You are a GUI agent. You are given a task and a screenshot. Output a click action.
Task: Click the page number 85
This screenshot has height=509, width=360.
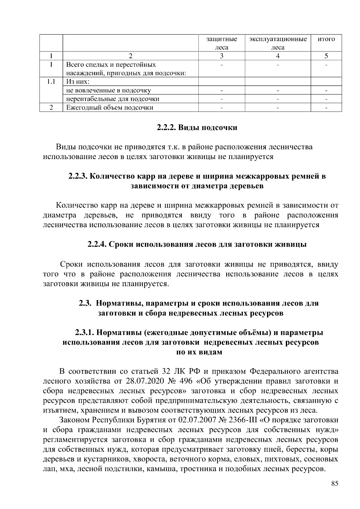[335, 483]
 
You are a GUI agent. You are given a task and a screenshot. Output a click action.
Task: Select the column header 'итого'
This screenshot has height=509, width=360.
[326, 39]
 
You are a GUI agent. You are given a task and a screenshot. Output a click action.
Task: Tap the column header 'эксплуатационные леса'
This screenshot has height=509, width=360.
[278, 43]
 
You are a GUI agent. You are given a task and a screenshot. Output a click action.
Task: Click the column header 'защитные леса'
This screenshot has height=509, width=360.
[222, 43]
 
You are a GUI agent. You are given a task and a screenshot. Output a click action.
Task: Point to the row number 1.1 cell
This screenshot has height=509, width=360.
[51, 82]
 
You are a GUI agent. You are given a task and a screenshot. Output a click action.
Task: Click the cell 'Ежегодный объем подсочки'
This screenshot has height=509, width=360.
[110, 107]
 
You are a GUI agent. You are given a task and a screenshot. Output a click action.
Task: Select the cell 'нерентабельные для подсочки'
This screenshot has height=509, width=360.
[113, 99]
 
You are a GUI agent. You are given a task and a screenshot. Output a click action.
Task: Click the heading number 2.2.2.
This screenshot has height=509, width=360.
[166, 128]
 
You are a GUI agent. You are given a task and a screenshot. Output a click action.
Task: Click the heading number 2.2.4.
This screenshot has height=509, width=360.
[97, 244]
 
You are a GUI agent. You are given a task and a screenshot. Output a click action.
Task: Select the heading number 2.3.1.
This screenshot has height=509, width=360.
[85, 333]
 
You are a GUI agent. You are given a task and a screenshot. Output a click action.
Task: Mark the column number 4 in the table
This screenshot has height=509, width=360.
[278, 56]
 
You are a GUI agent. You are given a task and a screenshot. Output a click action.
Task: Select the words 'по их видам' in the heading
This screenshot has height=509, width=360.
[199, 352]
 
